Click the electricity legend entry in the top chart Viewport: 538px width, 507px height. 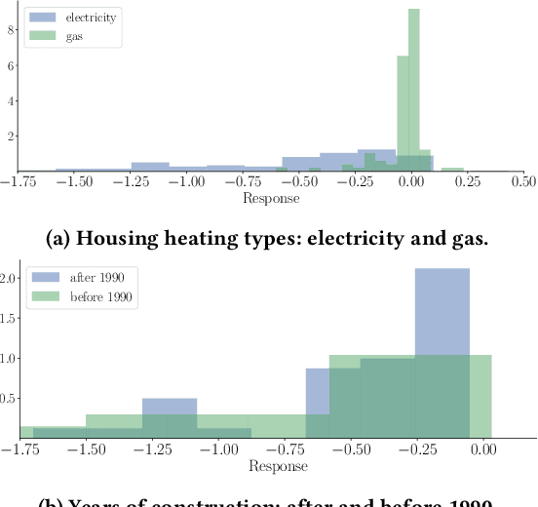coord(87,18)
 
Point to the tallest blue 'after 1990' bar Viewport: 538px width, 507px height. coord(442,352)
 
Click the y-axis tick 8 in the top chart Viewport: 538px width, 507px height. coord(10,29)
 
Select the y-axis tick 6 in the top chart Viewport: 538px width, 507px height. coord(10,65)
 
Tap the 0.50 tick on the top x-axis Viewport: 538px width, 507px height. coord(523,181)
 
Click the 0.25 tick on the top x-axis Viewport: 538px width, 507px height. coord(468,181)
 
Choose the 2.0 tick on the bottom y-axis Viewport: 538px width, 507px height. coord(9,278)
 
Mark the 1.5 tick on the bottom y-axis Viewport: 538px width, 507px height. coord(9,318)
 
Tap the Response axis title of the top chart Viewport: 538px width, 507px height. coord(271,198)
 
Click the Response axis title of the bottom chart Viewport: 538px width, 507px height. coord(279,466)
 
